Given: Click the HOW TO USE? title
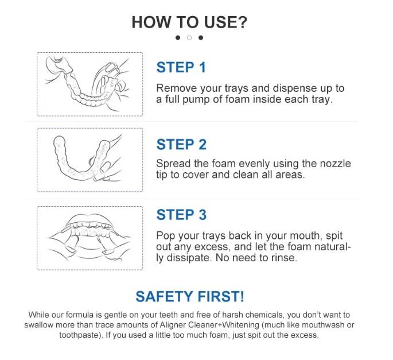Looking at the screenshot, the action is click(x=189, y=22).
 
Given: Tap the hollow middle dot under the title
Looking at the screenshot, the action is click(x=189, y=38).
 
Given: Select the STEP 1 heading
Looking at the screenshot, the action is click(x=181, y=67).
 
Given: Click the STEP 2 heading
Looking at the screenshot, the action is click(x=181, y=144).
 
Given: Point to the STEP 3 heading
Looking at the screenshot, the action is click(x=181, y=215).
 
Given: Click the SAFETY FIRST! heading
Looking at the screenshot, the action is click(x=190, y=296).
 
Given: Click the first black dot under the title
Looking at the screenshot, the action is click(x=178, y=38).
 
